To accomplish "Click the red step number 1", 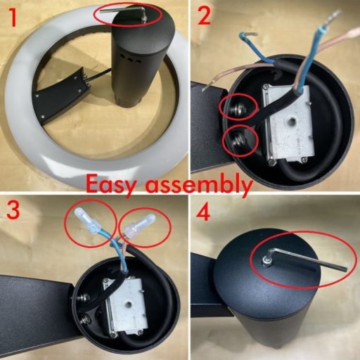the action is point(13,18).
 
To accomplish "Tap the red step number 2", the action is point(204,16).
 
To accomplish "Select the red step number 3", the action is point(13,210).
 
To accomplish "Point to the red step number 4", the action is point(203,213).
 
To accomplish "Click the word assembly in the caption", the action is point(198,184).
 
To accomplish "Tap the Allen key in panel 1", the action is point(124,11).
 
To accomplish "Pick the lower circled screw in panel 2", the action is point(237,141).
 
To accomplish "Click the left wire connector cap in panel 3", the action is point(86,220).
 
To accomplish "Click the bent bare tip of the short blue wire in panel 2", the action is point(252,34).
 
